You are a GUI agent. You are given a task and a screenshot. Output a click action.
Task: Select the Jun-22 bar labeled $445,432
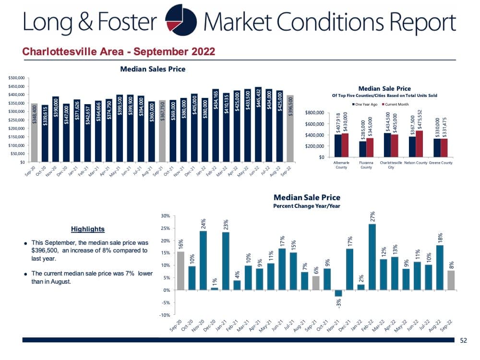coord(258,125)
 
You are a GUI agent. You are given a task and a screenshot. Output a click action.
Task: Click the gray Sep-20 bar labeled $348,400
coord(34,132)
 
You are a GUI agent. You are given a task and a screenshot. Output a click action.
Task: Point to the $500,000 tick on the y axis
coord(17,78)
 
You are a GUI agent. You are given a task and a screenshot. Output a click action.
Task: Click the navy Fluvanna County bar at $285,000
coord(363,149)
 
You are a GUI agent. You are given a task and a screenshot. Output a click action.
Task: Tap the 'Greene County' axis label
coord(440,163)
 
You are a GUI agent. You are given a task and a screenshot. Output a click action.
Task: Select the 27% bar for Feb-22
coord(372,257)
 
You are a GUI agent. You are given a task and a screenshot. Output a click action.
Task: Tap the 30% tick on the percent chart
coord(165,216)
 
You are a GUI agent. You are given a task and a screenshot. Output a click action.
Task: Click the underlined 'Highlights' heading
coord(87,229)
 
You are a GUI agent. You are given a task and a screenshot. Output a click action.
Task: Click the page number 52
coord(463,340)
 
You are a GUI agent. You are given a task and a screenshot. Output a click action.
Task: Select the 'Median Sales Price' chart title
coord(153,69)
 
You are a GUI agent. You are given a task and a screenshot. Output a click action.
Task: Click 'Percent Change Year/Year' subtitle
coord(307,205)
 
